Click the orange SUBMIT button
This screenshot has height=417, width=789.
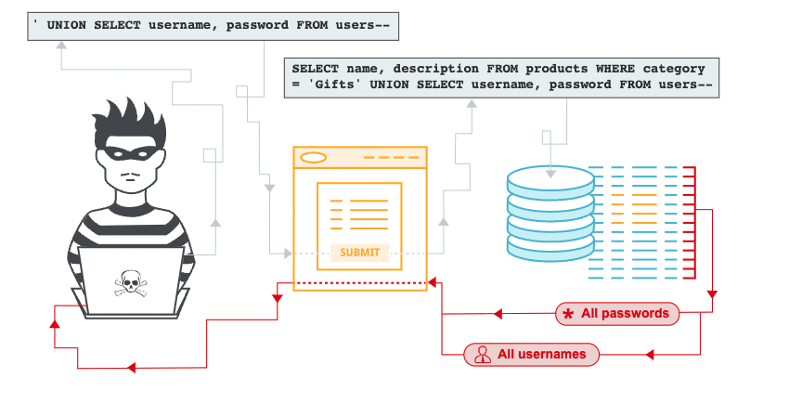tap(359, 253)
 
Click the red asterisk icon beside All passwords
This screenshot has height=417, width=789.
tap(568, 315)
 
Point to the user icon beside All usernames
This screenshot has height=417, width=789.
tap(482, 354)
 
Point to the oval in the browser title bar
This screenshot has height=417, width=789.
tap(314, 157)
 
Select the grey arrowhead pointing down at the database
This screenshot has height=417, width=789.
tap(550, 171)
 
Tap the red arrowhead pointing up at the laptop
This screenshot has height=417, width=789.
tap(55, 324)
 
